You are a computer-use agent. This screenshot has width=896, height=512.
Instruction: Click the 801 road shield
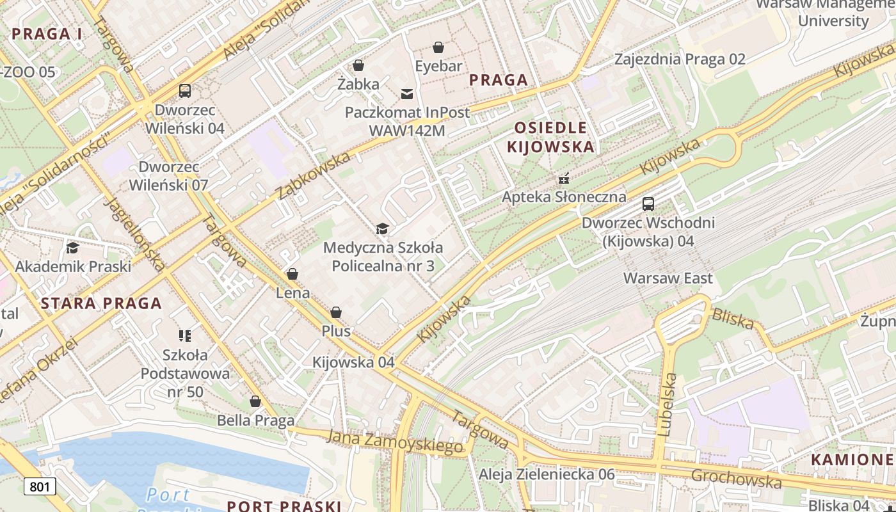point(40,486)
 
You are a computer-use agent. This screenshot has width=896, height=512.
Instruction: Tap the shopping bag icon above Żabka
point(358,65)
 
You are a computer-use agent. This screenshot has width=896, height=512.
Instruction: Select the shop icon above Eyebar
point(438,47)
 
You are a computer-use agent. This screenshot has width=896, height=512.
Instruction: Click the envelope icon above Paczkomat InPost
point(407,94)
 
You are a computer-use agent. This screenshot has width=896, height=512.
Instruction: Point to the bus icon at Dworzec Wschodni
point(648,204)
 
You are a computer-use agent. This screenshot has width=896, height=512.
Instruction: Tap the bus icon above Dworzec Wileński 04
point(185,91)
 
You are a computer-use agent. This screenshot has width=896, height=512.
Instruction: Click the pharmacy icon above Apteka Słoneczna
point(564,178)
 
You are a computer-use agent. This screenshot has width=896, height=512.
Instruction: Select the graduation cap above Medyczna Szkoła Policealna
point(382,228)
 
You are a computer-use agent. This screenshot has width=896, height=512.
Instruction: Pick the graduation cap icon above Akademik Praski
point(73,248)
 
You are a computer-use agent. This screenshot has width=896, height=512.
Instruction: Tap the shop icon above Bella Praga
point(255,401)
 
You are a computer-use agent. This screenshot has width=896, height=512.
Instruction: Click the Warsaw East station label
point(668,278)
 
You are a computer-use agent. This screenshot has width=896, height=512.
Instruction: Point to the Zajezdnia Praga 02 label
point(680,60)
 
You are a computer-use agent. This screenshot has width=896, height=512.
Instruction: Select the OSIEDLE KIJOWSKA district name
point(550,137)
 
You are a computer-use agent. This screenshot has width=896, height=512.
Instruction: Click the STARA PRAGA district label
point(101,303)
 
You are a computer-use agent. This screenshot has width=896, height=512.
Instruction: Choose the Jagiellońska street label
point(136,234)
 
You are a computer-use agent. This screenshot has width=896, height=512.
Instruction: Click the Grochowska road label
point(736,478)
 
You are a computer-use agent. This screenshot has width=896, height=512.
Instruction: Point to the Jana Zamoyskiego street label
point(394,442)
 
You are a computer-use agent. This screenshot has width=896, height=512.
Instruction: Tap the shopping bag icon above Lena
point(292,274)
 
